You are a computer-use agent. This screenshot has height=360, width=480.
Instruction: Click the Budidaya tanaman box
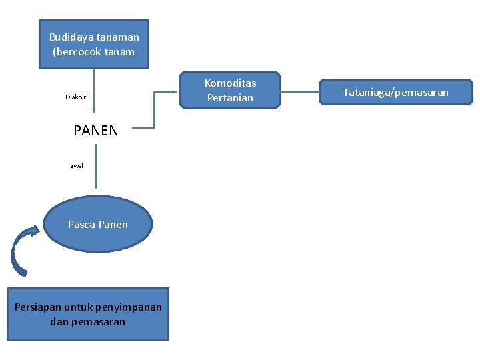[x=94, y=44]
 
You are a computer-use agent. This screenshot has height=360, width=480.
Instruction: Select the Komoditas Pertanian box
[x=230, y=90]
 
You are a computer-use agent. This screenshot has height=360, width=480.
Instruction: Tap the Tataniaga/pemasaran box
[x=396, y=92]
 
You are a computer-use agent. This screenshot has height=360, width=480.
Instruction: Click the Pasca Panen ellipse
[x=98, y=225]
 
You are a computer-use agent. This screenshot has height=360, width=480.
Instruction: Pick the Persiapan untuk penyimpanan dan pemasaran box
[x=88, y=315]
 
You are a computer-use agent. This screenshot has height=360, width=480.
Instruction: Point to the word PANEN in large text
[x=96, y=131]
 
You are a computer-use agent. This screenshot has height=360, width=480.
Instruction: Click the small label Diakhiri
[x=77, y=97]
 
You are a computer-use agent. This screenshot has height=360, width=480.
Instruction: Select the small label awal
[x=77, y=165]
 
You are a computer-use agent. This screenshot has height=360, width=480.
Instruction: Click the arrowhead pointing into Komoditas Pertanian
[x=179, y=89]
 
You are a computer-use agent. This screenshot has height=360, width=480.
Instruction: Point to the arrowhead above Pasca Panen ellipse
[x=96, y=189]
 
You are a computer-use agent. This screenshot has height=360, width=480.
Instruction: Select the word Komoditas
[x=230, y=83]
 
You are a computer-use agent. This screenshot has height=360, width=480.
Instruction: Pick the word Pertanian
[x=230, y=97]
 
